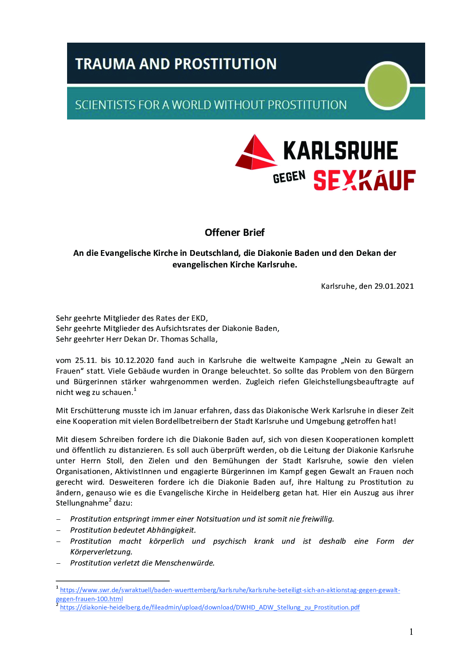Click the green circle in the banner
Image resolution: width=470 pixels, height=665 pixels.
pyautogui.click(x=387, y=86)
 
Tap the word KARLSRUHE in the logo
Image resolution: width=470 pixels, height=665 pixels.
pyautogui.click(x=340, y=151)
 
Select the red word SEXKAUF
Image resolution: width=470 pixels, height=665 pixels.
pyautogui.click(x=364, y=180)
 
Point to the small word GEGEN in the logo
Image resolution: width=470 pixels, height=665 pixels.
pyautogui.click(x=289, y=177)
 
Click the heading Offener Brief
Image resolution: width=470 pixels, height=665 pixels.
pyautogui.click(x=235, y=232)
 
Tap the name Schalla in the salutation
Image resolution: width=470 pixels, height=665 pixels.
pyautogui.click(x=203, y=339)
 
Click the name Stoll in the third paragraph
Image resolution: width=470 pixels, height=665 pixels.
pyautogui.click(x=115, y=461)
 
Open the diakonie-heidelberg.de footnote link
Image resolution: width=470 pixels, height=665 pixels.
pyautogui.click(x=210, y=607)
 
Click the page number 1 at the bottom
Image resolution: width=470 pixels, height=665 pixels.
pyautogui.click(x=411, y=632)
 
